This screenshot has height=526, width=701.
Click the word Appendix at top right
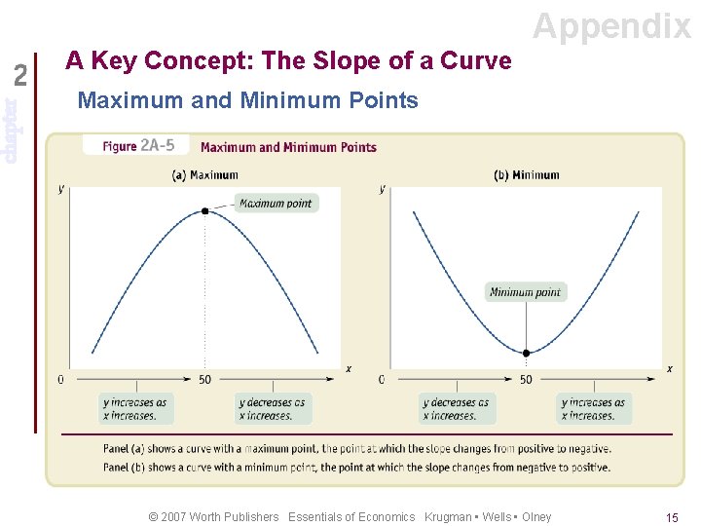(611, 25)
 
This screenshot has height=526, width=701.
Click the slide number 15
(672, 517)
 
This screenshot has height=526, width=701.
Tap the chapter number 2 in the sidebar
(21, 75)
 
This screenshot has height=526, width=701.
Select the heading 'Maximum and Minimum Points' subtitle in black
(247, 100)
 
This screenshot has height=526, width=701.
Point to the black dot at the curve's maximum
(204, 210)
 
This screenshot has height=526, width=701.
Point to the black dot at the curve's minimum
(526, 353)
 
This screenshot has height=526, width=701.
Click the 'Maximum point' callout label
(276, 204)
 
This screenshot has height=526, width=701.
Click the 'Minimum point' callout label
(525, 291)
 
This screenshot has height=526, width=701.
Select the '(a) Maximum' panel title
(204, 175)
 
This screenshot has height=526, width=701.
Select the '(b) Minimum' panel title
(526, 175)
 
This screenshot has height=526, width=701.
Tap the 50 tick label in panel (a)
(204, 380)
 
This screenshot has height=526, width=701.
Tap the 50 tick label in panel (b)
(526, 380)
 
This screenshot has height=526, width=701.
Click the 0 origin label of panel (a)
(60, 380)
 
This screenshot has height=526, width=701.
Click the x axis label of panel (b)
(669, 368)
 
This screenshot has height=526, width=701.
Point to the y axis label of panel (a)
(61, 188)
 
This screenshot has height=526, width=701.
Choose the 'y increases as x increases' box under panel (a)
(135, 409)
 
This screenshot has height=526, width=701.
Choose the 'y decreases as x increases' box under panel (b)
(457, 409)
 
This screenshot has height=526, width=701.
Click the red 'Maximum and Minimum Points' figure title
(288, 147)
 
